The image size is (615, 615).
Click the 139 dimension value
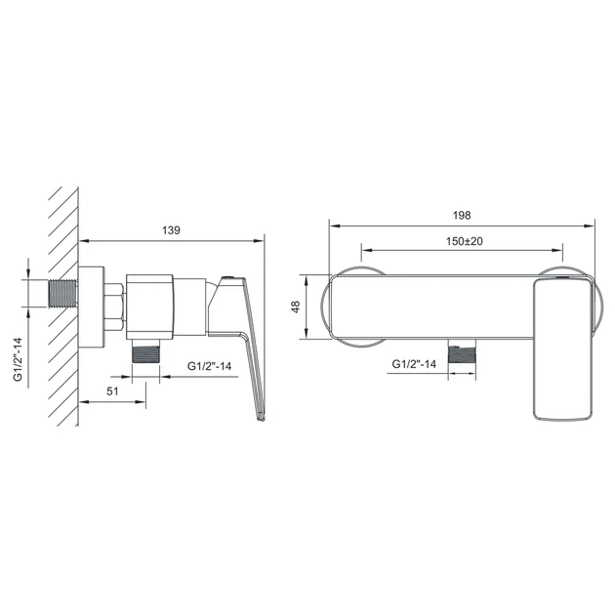coord(171,229)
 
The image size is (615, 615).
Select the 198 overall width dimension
coord(462,215)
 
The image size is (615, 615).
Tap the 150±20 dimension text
coord(464,241)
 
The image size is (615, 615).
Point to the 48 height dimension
coord(296,307)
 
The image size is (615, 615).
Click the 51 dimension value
coord(112,391)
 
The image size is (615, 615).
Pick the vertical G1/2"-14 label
coord(18,359)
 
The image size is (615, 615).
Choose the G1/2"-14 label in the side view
coord(210,366)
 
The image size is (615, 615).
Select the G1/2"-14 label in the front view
coord(414,364)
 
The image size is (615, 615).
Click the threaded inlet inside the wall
coord(63,294)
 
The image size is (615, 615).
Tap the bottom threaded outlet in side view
coord(145,351)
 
